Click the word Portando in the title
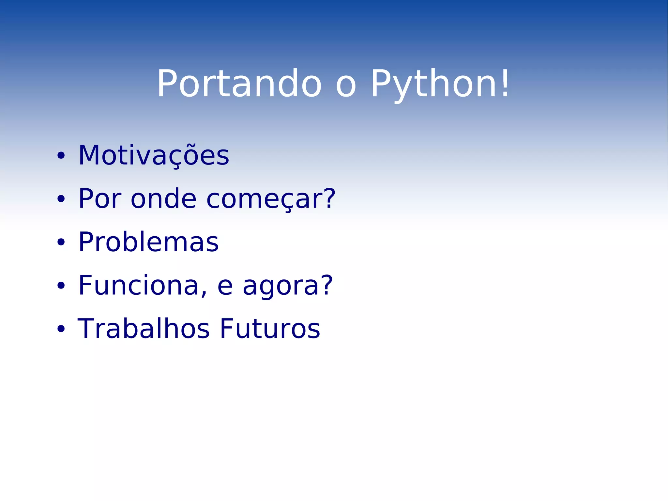[x=239, y=84]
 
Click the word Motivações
[x=154, y=156]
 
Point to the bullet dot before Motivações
[x=61, y=156]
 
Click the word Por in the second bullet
[x=100, y=199]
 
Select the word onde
[x=163, y=199]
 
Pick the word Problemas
[x=148, y=242]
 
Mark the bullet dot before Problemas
[x=61, y=242]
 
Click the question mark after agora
[x=325, y=285]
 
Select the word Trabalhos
[x=144, y=329]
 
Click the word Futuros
[x=270, y=329]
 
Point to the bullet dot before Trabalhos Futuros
[x=61, y=329]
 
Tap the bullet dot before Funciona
[x=61, y=286]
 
